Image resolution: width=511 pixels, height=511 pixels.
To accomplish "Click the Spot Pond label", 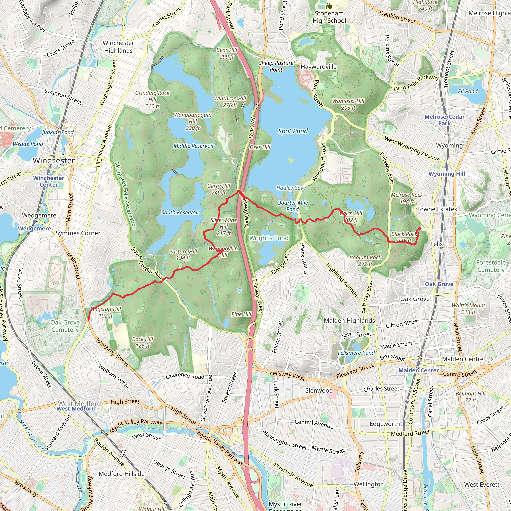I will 293,131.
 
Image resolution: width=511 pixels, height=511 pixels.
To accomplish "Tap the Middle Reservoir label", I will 194,146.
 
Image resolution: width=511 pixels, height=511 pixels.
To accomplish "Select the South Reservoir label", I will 180,212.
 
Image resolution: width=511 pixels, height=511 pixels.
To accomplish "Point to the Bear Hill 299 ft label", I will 227,53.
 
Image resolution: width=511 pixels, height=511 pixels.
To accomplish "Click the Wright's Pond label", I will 269,238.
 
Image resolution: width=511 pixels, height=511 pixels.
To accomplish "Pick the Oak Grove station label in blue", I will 439,284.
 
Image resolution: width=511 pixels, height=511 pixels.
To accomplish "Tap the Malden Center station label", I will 419,370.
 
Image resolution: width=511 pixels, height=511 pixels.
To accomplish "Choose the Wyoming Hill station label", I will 447,174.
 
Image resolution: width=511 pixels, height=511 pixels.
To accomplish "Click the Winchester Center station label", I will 49,181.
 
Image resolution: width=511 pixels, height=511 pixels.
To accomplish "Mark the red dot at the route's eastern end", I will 420,228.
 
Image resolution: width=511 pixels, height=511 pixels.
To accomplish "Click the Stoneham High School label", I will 329,17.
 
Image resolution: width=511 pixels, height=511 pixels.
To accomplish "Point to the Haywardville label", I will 319,67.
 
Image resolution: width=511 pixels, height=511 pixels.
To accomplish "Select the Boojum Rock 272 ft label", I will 365,260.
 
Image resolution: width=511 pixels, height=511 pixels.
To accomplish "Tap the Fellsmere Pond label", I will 356,353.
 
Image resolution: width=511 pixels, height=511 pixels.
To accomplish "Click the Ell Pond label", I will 468,92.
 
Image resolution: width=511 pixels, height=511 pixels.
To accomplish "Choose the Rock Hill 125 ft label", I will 143,342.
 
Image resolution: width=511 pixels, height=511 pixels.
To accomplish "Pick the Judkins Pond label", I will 58,132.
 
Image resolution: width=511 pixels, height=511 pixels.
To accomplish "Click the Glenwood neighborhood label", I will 318,391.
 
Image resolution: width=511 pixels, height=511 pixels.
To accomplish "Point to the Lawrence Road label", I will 185,376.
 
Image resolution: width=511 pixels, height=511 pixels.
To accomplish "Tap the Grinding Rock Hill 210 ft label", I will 152,100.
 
